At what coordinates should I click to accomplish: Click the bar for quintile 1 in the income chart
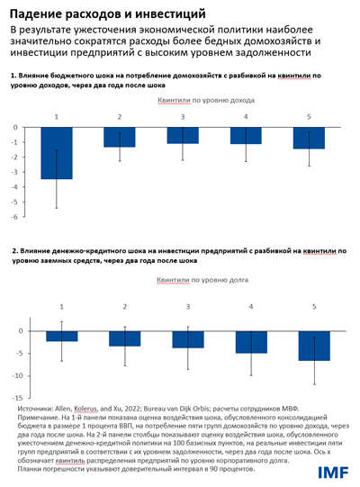point(58,153)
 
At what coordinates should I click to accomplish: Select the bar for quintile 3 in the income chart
point(184,136)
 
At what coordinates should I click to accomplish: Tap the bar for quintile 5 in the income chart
point(309,138)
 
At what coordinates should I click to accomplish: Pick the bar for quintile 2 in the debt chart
point(125,338)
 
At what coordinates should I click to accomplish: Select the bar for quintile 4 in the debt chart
point(251,341)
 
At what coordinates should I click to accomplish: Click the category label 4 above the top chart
point(246,117)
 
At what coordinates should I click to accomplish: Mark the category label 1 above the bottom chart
point(62,307)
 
